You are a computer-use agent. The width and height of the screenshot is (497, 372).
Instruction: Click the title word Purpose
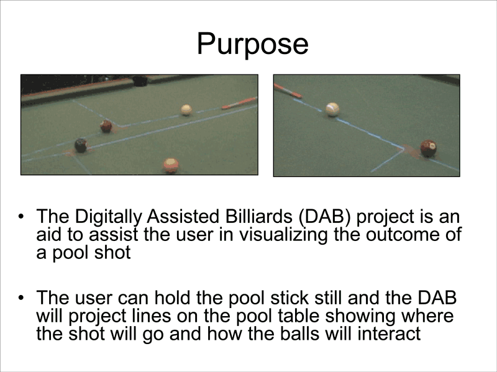[x=253, y=44]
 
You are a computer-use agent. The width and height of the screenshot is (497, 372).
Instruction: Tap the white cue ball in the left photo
[x=186, y=110]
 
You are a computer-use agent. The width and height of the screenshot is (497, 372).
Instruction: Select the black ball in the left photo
[x=81, y=145]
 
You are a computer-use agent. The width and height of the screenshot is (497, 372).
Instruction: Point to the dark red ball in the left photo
[x=106, y=126]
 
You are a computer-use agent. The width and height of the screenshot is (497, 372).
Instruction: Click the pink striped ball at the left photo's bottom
[x=171, y=165]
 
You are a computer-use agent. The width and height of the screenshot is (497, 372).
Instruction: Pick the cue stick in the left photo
[x=239, y=102]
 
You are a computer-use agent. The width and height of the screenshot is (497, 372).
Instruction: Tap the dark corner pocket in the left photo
[x=140, y=81]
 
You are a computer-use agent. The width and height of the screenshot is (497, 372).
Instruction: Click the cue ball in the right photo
[x=332, y=109]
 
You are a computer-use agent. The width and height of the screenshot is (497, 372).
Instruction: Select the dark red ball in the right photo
[x=428, y=148]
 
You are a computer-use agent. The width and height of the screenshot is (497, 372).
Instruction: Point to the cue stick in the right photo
[x=288, y=91]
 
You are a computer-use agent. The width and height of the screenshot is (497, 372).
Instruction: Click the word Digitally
[x=108, y=217]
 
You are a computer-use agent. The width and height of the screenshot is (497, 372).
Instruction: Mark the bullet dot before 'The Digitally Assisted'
[x=21, y=217]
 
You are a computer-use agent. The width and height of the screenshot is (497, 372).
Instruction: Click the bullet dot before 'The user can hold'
[x=21, y=298]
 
